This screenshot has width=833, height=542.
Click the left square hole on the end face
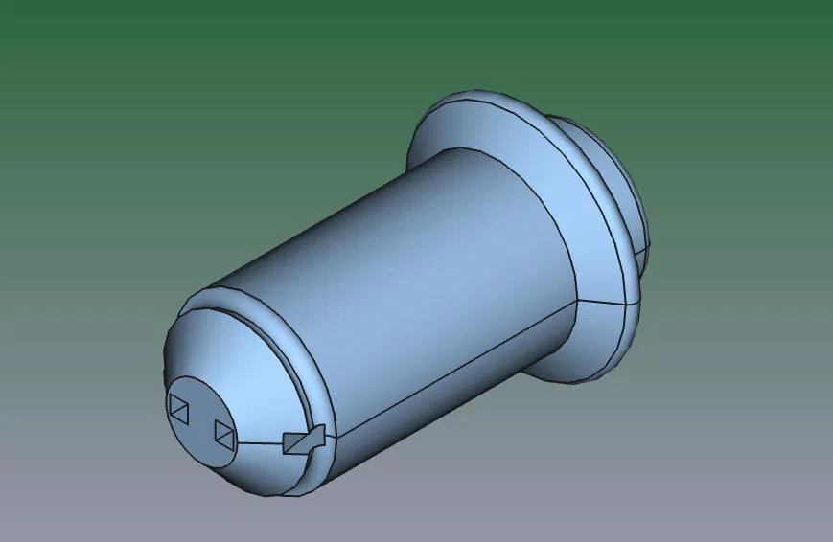(179, 407)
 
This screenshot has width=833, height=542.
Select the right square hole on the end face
(223, 433)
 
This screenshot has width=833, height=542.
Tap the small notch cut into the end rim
(305, 440)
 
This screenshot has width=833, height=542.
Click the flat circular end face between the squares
(200, 421)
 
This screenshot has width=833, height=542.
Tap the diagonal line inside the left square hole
(179, 408)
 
